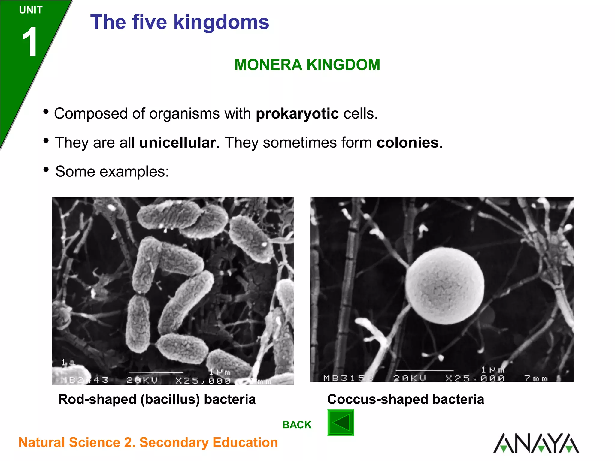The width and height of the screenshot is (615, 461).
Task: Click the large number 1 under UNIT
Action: point(30,42)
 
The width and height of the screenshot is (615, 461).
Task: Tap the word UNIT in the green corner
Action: point(31,10)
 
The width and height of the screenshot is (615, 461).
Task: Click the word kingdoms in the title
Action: point(221,22)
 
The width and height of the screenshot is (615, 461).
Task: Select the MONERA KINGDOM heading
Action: point(307,65)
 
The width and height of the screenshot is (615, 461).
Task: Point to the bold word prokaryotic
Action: point(297,114)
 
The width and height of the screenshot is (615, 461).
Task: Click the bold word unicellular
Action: point(177,143)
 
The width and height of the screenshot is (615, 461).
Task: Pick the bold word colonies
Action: point(407,143)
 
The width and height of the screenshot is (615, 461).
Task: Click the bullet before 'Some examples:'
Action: point(46,170)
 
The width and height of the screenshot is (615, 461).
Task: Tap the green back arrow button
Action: point(341,423)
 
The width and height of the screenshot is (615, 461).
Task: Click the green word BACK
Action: point(297,425)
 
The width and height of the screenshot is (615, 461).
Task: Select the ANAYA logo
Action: point(536,443)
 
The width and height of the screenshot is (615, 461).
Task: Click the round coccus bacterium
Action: point(444,286)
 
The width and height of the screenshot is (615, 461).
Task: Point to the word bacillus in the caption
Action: point(170,399)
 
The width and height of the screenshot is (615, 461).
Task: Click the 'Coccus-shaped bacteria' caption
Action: point(405,399)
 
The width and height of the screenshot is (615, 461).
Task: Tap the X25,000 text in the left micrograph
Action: point(203,381)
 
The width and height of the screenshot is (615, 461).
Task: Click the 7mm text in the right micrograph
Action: point(536,378)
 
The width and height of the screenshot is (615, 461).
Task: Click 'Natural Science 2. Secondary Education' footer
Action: point(148,443)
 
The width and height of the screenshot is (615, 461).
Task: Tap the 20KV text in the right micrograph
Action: point(410,378)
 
